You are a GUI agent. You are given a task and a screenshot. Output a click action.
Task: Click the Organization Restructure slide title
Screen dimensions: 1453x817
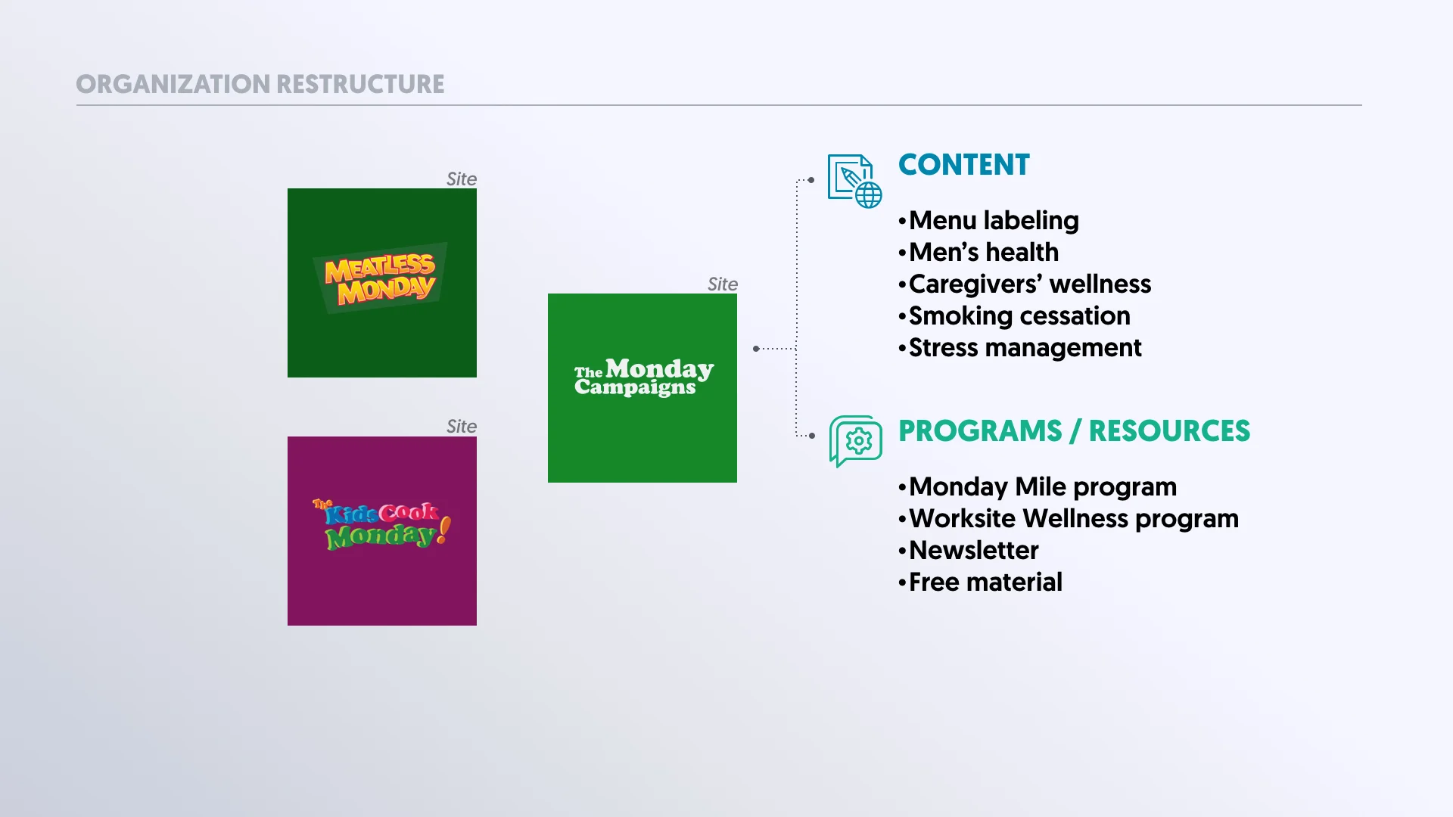[260, 84]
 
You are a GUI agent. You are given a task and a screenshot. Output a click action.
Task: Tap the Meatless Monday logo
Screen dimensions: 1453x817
[381, 278]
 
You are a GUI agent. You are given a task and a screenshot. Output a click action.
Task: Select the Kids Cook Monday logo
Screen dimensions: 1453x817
[381, 524]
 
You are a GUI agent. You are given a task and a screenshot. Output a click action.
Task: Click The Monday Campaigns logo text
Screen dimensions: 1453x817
[643, 377]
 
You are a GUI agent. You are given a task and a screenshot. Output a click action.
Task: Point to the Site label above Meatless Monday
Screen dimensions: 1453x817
[461, 179]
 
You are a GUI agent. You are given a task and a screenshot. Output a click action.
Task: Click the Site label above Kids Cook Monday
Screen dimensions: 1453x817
[461, 427]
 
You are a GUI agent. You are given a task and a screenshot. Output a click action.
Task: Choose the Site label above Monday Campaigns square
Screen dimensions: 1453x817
[722, 284]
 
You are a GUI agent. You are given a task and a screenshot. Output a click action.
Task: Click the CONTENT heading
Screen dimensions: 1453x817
[963, 165]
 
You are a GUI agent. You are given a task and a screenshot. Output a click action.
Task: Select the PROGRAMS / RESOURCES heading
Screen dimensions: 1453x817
[1074, 431]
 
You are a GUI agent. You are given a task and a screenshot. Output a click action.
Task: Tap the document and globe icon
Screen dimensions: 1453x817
[854, 181]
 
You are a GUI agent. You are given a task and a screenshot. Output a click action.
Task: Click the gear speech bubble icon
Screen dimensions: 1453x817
[855, 440]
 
